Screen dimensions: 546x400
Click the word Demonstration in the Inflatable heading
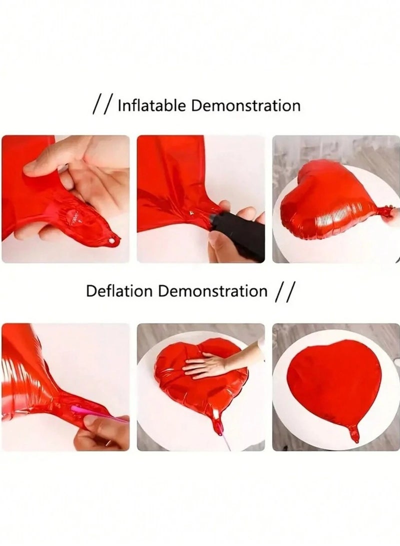click(246, 106)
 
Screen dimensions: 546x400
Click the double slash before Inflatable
click(103, 106)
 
